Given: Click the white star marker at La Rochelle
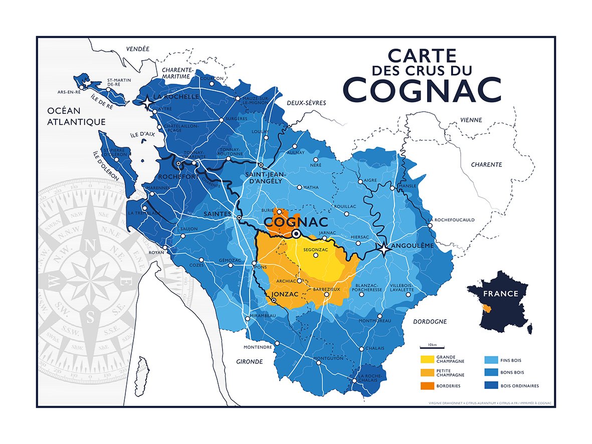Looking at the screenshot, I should [x=147, y=103].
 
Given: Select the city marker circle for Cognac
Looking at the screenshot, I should [x=296, y=234].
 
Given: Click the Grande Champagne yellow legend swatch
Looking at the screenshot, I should [x=427, y=359].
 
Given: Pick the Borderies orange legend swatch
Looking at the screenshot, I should [x=427, y=386].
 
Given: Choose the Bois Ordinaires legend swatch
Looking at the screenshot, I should [x=491, y=386].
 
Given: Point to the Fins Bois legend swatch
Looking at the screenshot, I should [x=491, y=359].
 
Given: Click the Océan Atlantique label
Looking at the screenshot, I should [x=76, y=116].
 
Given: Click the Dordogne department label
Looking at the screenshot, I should [x=430, y=321].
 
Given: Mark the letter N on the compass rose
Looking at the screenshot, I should [x=90, y=246].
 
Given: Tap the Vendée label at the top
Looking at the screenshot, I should [x=137, y=49].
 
